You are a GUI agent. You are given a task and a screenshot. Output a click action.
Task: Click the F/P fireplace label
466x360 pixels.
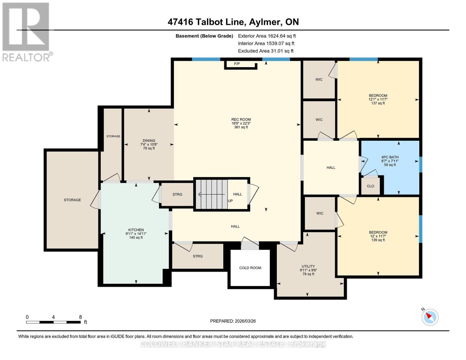[237, 64]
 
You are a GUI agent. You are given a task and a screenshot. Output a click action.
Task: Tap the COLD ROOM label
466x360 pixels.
[250, 268]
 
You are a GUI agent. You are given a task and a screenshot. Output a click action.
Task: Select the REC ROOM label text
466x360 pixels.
[241, 119]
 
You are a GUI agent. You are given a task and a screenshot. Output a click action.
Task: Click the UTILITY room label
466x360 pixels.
[308, 266]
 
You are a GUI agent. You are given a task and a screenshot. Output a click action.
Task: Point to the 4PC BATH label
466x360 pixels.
[390, 157]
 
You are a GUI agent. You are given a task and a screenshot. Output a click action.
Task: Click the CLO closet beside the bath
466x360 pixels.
[370, 186]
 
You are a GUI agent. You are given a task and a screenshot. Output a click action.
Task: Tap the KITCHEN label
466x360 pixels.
[136, 230]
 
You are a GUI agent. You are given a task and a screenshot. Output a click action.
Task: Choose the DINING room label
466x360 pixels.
[149, 141]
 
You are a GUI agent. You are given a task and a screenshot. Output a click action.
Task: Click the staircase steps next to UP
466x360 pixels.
[212, 194]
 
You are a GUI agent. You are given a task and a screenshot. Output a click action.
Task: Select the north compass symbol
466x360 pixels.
[430, 317]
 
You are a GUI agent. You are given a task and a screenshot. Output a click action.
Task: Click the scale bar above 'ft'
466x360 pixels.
[53, 322]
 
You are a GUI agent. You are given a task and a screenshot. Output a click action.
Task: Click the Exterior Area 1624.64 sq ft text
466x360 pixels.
[267, 36]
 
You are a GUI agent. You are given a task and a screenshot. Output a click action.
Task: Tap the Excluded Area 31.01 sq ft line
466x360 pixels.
[266, 51]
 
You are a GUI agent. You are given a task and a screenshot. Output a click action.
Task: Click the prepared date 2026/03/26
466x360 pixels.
[245, 321]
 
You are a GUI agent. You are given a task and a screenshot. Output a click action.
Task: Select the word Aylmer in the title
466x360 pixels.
[265, 22]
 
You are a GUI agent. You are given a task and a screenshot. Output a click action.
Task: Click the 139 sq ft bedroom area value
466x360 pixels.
[378, 240]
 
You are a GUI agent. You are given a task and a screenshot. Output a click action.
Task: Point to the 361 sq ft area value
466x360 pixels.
[241, 127]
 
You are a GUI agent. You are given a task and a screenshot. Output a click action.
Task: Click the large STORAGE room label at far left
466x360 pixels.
[72, 200]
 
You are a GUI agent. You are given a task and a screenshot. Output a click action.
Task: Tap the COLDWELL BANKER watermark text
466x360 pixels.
[233, 344]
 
